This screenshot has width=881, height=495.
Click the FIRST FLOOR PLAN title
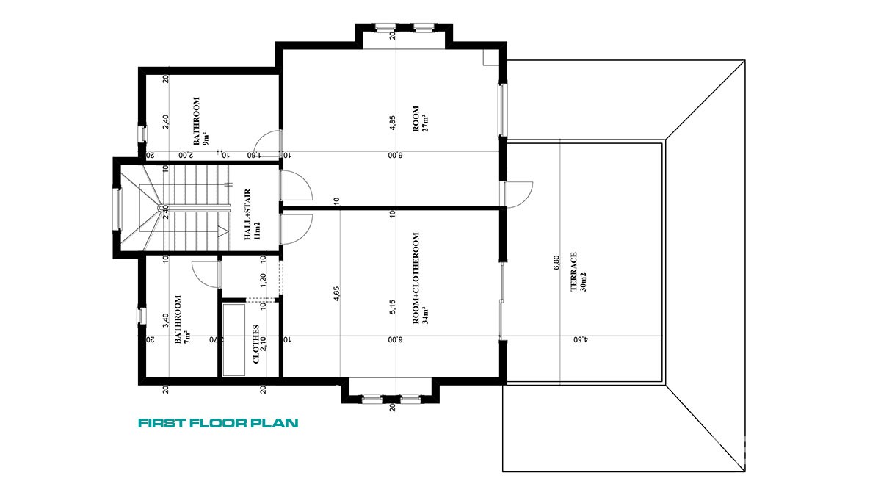(x=218, y=423)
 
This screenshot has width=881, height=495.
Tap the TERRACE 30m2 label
(x=579, y=272)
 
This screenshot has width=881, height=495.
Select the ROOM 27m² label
(x=421, y=118)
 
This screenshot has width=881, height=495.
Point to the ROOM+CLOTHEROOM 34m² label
(x=421, y=278)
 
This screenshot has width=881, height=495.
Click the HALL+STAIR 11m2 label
(x=252, y=214)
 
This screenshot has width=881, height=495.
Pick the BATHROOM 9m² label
(x=200, y=121)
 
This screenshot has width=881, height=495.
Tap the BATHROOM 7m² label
(x=183, y=319)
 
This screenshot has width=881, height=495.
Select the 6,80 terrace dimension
(x=556, y=262)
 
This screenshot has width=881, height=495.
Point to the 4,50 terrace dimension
(x=581, y=339)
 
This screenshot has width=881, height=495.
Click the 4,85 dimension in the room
(x=392, y=123)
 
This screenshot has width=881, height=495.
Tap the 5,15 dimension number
(x=392, y=307)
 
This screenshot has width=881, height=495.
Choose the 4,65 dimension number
(x=336, y=294)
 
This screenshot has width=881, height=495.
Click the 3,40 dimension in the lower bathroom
(x=166, y=320)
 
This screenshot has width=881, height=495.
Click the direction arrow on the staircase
(x=222, y=231)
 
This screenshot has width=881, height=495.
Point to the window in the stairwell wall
(x=117, y=209)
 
